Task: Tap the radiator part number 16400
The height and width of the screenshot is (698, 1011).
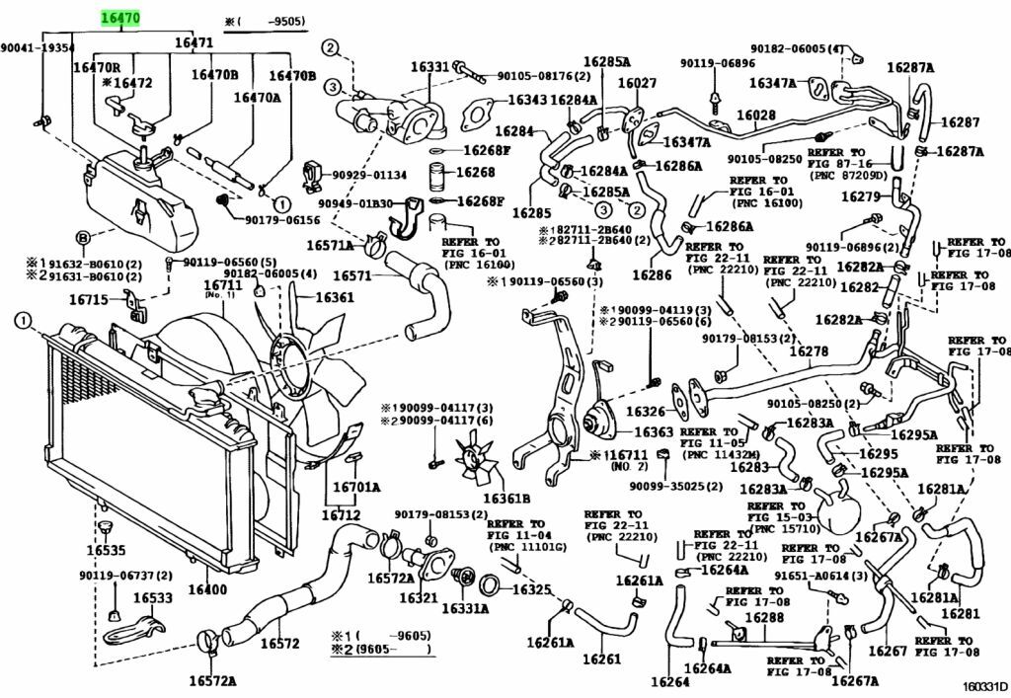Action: click(207, 589)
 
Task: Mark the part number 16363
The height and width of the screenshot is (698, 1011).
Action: click(653, 431)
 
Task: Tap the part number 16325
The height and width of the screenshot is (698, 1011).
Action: click(529, 589)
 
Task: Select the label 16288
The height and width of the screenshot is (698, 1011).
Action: click(763, 618)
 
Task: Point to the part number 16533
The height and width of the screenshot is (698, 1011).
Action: click(152, 597)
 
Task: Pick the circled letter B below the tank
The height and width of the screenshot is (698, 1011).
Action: click(83, 238)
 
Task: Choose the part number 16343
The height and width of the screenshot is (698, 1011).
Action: click(527, 100)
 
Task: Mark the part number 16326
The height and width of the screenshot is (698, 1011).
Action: click(647, 410)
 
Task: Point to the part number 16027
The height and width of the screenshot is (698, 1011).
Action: click(637, 83)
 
